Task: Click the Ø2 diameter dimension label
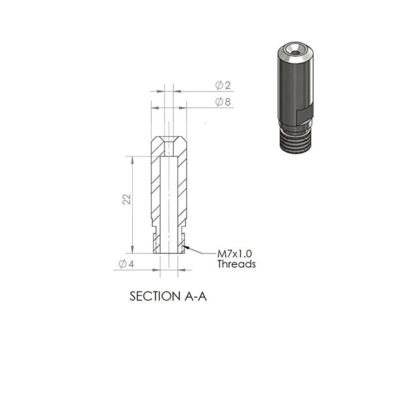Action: point(223,85)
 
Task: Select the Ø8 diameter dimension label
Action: point(223,102)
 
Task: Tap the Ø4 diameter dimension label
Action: point(126,264)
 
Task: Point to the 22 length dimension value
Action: point(127,199)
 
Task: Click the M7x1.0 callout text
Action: point(235,254)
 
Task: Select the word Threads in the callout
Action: point(237,264)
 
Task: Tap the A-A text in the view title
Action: point(195,296)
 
